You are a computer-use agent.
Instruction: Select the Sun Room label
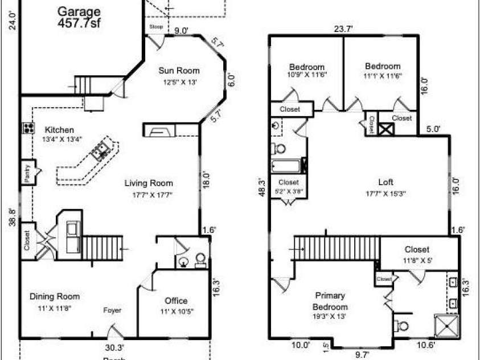tap(179, 71)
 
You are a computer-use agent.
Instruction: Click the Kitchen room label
tap(59, 130)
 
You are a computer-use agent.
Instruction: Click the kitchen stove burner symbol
tap(27, 129)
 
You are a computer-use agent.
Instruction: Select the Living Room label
tap(149, 183)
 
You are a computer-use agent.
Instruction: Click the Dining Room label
tap(55, 296)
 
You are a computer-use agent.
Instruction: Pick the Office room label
tap(176, 301)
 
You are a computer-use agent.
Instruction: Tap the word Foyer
tap(112, 310)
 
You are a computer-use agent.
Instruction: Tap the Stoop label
tap(156, 27)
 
